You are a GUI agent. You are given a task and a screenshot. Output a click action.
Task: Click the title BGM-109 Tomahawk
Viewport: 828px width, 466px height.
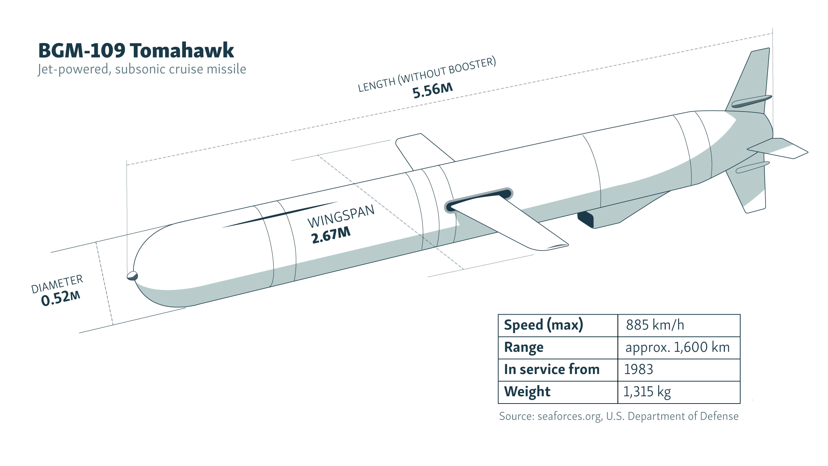[136, 51]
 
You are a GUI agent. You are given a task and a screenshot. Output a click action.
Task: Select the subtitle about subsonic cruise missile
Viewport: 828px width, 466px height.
[142, 69]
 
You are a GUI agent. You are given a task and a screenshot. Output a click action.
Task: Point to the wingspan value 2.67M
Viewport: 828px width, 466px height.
[331, 235]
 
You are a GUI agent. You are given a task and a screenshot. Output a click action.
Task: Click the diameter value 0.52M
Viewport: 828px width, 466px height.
[61, 298]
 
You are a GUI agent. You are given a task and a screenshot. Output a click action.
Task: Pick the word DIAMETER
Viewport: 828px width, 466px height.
[57, 284]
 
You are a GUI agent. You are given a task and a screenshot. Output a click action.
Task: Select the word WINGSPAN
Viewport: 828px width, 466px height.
[341, 216]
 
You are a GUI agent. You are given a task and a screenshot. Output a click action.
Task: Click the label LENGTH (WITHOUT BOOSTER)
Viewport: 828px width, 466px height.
[427, 75]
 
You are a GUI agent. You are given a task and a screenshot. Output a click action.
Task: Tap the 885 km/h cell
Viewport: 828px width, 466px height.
[655, 325]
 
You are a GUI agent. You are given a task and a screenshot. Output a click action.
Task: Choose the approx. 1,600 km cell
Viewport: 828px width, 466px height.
[677, 347]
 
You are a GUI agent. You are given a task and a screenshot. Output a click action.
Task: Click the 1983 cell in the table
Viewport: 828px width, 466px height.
[638, 369]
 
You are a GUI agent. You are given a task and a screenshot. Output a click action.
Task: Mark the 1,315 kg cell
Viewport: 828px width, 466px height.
[647, 392]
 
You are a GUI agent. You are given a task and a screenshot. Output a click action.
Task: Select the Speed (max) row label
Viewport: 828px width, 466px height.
[543, 325]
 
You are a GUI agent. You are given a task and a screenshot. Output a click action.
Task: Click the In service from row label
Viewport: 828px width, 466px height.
[552, 369]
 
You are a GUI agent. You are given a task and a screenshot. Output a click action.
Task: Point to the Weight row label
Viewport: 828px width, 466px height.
[527, 392]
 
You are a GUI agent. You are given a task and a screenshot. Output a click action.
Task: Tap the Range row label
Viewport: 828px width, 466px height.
[524, 347]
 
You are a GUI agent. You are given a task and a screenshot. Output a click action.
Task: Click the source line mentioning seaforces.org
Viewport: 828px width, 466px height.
[618, 416]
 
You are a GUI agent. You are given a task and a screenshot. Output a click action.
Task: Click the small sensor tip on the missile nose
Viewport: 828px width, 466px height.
[132, 276]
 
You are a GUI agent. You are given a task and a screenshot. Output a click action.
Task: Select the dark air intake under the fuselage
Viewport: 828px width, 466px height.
[586, 220]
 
